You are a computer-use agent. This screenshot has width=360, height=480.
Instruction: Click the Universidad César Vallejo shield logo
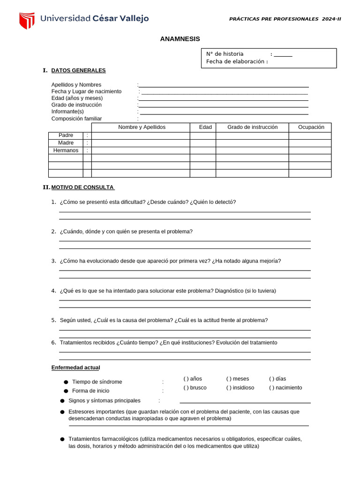[27, 20]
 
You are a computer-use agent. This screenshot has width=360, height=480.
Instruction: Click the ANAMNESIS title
[180, 39]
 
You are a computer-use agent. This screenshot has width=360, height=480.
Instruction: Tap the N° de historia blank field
[283, 54]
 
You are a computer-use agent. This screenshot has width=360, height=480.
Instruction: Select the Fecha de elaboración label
[237, 61]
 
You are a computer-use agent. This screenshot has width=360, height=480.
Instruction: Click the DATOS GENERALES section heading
[78, 70]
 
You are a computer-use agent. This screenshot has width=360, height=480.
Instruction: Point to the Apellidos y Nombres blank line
[224, 85]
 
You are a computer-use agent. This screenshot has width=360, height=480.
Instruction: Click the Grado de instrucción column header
[252, 127]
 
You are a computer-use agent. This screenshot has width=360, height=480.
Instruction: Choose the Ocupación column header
[311, 127]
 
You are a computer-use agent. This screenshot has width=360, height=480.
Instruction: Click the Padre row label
[66, 135]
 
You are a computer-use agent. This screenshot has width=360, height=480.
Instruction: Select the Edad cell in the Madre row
[202, 143]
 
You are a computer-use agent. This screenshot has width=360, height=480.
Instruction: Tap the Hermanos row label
[66, 150]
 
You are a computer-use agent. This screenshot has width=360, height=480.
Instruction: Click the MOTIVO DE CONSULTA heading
[82, 187]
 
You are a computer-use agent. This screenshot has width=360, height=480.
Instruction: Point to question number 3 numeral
[53, 261]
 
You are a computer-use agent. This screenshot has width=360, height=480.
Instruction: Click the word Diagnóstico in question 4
[229, 291]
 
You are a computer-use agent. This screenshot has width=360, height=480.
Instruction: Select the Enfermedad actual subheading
[75, 367]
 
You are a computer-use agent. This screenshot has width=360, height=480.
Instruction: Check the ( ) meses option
[238, 379]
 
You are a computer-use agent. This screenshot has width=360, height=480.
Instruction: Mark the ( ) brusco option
[195, 388]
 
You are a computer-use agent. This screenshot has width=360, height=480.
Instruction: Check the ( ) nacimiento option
[285, 388]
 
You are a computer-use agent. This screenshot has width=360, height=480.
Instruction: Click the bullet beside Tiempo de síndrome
[66, 382]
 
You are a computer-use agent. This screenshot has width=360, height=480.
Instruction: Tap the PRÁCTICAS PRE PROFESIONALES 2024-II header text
[285, 19]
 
